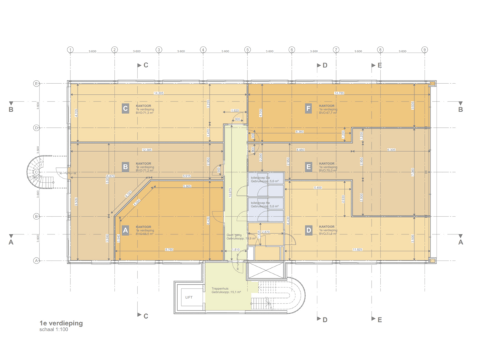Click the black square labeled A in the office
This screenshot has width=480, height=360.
click(125, 230)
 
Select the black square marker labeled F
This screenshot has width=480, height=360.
click(307, 108)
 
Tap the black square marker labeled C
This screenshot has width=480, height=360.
click(125, 108)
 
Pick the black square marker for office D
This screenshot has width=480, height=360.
click(308, 230)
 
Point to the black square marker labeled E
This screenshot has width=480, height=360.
click(308, 167)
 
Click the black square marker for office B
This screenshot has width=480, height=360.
click(125, 167)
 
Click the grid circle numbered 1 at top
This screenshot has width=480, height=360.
click(70, 49)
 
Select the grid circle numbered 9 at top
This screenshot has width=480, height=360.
click(424, 49)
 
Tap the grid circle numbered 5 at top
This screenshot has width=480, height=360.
click(247, 49)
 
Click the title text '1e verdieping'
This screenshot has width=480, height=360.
click(61, 323)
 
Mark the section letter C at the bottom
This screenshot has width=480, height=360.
click(145, 315)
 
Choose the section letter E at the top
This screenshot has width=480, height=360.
click(379, 65)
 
